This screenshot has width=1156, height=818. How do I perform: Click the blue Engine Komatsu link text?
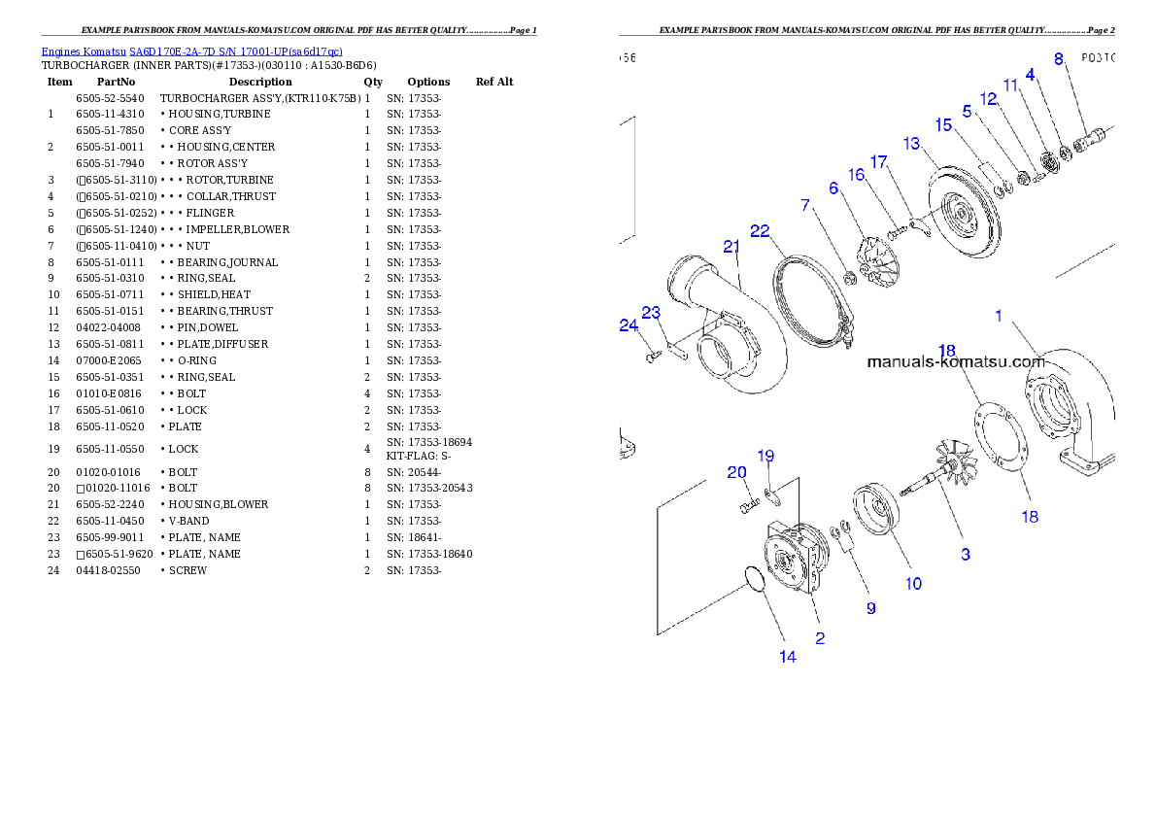191,51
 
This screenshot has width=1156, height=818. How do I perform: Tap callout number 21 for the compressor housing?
731,247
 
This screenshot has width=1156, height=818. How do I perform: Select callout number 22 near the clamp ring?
760,230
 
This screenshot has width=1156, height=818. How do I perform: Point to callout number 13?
911,143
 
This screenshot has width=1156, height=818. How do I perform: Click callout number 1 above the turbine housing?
998,316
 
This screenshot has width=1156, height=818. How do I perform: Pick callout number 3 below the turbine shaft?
966,555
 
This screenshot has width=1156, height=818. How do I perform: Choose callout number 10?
913,584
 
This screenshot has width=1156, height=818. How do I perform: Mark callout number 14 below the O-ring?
788,657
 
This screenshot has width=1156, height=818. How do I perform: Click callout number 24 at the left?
629,326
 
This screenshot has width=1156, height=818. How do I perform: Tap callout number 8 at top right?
1058,58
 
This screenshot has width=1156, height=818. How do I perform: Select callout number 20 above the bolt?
737,472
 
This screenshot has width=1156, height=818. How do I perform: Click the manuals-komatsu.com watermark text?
955,362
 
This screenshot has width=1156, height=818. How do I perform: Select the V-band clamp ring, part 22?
810,298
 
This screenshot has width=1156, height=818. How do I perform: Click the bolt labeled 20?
746,506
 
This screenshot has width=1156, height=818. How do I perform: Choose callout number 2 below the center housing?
820,638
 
